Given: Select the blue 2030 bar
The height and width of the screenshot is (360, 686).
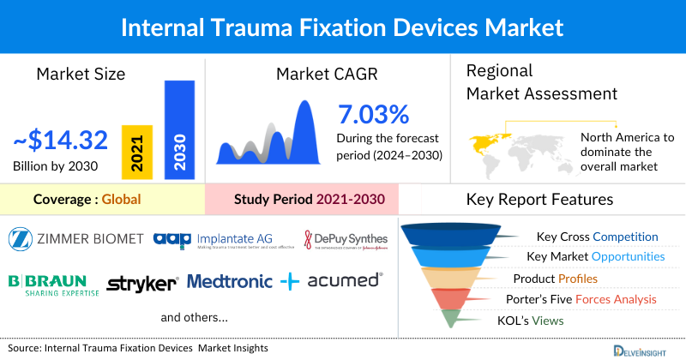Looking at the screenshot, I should [179, 129].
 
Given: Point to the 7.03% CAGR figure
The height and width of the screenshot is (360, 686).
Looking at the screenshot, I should [373, 113].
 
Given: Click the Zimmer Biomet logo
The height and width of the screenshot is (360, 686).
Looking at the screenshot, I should [77, 237].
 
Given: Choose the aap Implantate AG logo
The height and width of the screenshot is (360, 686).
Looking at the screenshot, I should [223, 239].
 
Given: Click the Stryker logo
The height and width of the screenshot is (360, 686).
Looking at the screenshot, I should [142, 282].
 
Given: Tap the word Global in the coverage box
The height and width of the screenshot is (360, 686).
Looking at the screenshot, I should [121, 200].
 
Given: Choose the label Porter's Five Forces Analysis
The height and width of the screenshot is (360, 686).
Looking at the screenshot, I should [583, 299].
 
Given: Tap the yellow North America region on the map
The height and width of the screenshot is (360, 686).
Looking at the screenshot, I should [485, 140].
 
